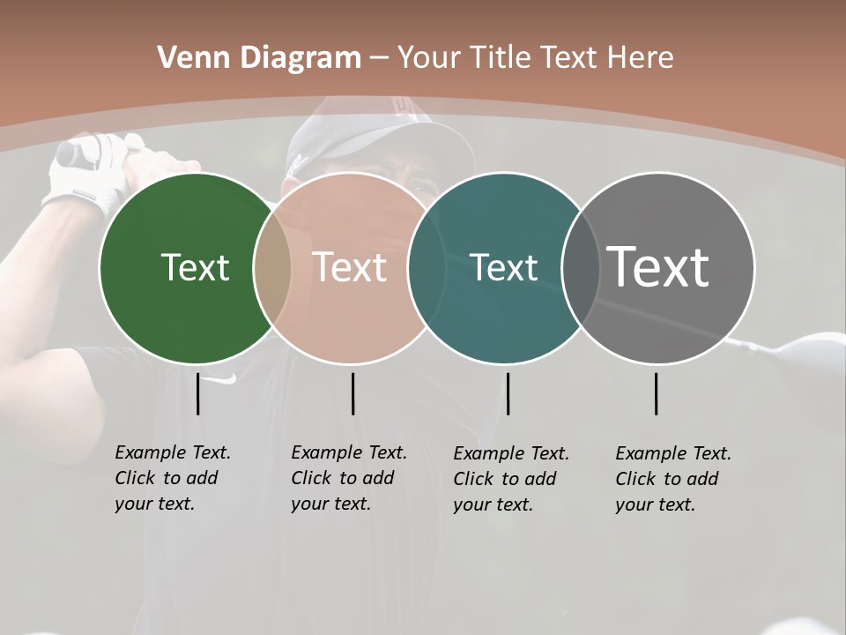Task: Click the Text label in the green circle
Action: point(195,267)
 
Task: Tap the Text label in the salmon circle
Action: point(350,267)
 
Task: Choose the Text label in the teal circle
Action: point(504,267)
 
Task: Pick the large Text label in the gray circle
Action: point(658,267)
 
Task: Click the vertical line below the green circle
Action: point(198,393)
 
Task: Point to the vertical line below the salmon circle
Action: point(352,393)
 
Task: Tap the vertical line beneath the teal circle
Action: point(508,393)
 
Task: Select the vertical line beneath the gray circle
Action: point(657,393)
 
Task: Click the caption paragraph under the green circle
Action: point(172,478)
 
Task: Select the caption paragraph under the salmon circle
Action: point(348,478)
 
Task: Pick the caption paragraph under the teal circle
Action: point(510,479)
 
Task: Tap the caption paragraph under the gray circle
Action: point(672,479)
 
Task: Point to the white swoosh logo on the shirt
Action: point(226,379)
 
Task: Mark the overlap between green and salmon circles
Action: point(272,268)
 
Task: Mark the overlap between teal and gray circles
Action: point(581,268)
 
